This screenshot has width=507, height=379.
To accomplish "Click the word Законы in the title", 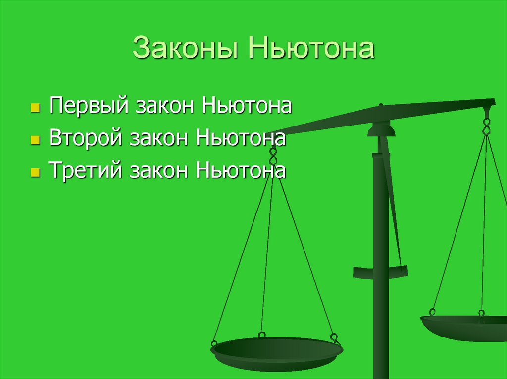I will (186, 50).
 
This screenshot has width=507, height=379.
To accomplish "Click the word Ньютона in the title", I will (311, 50).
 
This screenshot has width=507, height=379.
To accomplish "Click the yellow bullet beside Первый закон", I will (35, 107).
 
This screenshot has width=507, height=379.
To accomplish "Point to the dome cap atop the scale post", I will (381, 129).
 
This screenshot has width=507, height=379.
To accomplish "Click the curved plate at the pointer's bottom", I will (380, 271).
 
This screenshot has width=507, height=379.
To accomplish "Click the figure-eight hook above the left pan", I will (272, 155).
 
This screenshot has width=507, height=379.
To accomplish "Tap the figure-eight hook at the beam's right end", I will (486, 126).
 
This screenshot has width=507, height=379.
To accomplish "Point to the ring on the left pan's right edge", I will (335, 337).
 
